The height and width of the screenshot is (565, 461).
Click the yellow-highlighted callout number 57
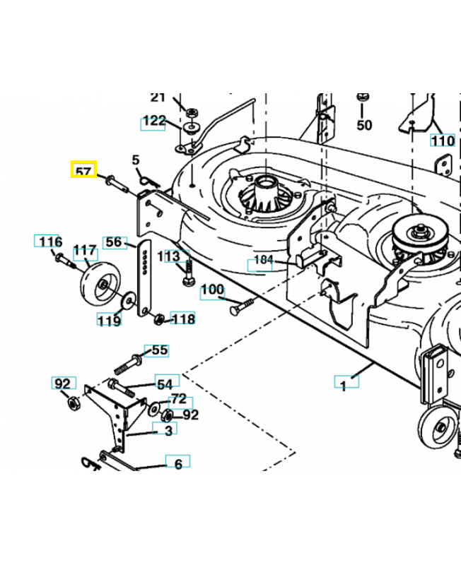(x=83, y=171)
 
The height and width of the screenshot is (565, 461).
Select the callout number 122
(x=153, y=121)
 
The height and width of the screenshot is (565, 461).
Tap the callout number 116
(x=49, y=242)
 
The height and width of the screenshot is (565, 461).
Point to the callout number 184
(x=262, y=260)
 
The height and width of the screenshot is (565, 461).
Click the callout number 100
(x=212, y=290)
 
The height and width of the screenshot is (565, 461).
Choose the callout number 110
(x=443, y=141)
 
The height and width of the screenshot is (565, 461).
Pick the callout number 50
(x=363, y=126)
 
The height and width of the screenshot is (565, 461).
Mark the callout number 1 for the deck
(x=344, y=386)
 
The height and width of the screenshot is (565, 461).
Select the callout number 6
(x=178, y=463)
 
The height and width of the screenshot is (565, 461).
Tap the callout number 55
(x=160, y=350)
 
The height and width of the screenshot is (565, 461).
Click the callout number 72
(x=178, y=399)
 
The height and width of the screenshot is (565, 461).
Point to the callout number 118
(x=183, y=319)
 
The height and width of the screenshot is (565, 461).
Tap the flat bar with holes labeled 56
(x=144, y=279)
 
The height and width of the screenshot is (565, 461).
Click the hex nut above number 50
(x=363, y=97)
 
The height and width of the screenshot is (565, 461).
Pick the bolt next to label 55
(x=128, y=365)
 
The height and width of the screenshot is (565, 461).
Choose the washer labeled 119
(x=129, y=300)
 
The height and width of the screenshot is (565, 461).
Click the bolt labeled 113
(x=187, y=275)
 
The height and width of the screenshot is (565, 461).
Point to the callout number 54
(x=164, y=383)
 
